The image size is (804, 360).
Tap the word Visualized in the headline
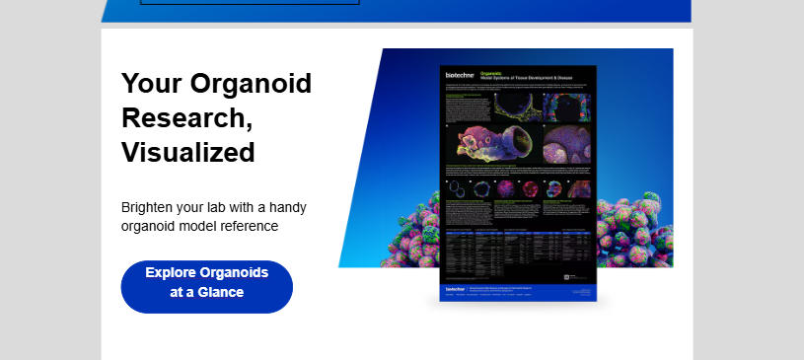188,153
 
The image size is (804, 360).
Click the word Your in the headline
149,84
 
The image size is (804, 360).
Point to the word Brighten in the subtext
149,208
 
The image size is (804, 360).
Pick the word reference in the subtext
248,227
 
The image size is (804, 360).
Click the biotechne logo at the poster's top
459,75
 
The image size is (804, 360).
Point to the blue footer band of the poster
519,292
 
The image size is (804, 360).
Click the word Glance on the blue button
220,293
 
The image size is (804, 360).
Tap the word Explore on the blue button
171,273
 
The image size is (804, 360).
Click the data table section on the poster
519,252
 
